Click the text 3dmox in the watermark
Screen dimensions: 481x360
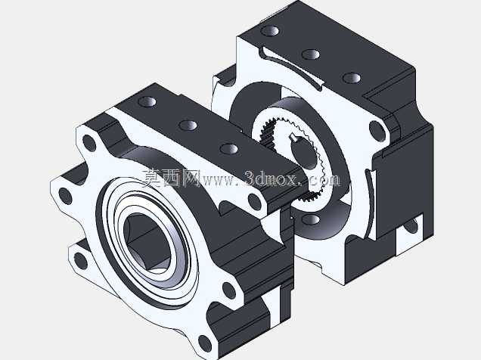pos(272,178)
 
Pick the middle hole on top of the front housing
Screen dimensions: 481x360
pos(188,125)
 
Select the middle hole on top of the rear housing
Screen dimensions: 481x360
pos(311,54)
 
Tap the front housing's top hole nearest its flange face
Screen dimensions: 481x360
pos(147,101)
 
